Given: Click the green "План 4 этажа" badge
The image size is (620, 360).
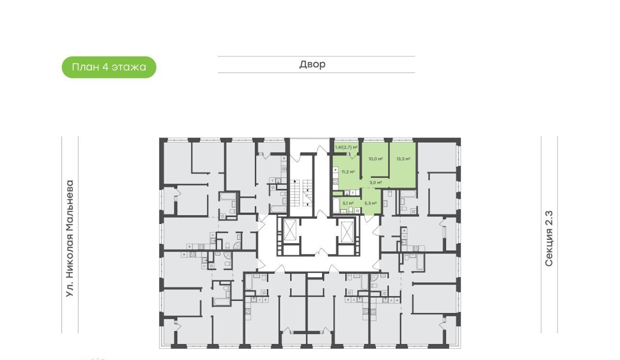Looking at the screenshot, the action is click(109, 67).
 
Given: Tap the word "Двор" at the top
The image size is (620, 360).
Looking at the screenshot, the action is click(312, 64).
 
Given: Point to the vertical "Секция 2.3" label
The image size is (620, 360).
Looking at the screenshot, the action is click(549, 238).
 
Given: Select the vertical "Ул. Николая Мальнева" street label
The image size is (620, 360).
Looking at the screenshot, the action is click(70, 239).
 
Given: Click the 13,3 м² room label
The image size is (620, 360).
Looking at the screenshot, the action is click(403, 159).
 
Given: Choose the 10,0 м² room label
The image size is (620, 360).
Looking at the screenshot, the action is click(375, 159).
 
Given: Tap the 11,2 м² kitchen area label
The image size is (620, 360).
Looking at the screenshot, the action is click(348, 172).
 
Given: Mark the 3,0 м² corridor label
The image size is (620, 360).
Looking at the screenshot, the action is click(375, 183).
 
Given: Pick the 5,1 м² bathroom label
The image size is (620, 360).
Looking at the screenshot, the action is click(348, 203).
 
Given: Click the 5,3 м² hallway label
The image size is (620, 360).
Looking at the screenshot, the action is click(371, 203).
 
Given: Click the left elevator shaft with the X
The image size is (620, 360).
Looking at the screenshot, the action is click(290, 230).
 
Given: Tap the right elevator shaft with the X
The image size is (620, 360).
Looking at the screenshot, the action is click(347, 232).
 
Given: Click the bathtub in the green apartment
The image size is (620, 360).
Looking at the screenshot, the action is click(336, 205).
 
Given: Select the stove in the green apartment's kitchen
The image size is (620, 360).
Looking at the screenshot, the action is click(336, 182).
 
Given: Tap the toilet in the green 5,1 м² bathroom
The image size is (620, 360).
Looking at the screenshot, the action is click(351, 210).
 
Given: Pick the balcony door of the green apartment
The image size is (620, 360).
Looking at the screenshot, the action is click(353, 155).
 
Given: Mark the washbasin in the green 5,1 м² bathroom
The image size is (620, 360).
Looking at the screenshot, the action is click(344, 211).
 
